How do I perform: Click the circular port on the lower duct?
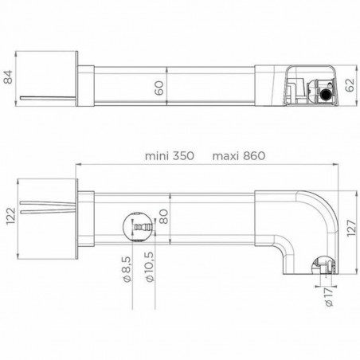tap(138, 228)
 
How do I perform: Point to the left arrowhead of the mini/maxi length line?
tap(77, 166)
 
